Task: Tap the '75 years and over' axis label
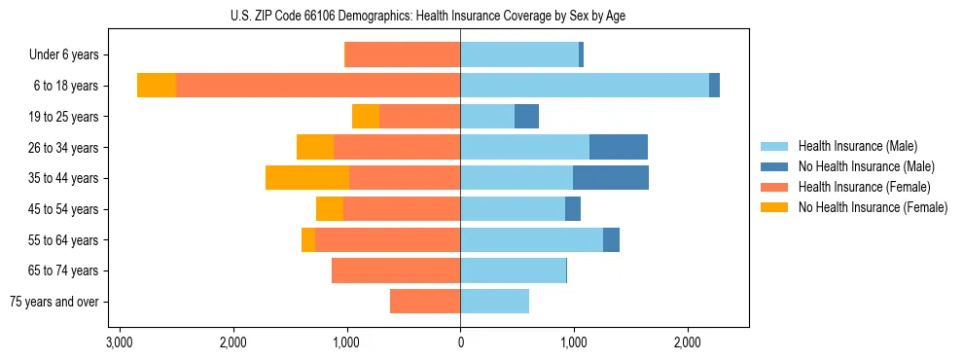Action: pos(54,302)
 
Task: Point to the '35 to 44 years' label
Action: pos(64,178)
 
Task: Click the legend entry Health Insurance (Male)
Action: pos(857,146)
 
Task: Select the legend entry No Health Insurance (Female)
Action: pos(873,207)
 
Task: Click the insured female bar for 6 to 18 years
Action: pos(318,86)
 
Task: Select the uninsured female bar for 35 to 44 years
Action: pos(307,178)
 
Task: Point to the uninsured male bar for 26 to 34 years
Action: pos(619,147)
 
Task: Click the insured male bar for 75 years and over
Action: pos(494,302)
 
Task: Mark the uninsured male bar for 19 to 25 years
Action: pos(526,117)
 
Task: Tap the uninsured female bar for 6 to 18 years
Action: pos(157,86)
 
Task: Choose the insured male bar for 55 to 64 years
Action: pos(531,240)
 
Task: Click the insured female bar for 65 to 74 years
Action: pos(396,270)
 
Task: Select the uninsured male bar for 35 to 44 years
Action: pos(611,178)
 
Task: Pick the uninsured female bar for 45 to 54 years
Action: pos(330,209)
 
